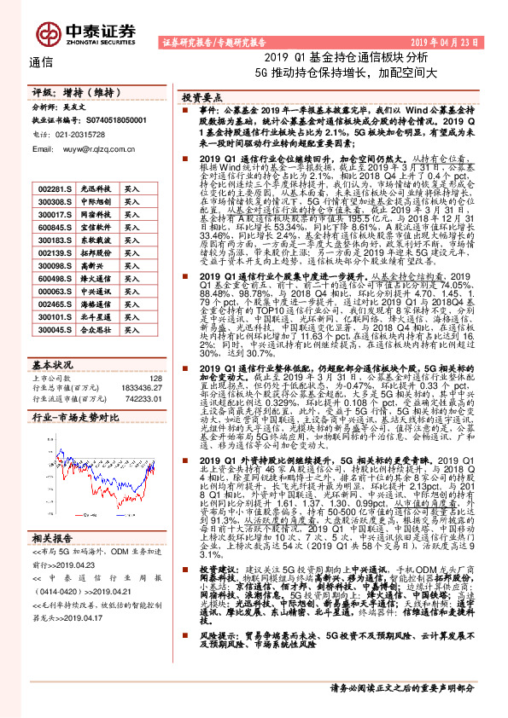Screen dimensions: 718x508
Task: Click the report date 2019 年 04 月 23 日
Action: click(x=453, y=41)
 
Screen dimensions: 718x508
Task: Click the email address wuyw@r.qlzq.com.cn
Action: click(x=91, y=148)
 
